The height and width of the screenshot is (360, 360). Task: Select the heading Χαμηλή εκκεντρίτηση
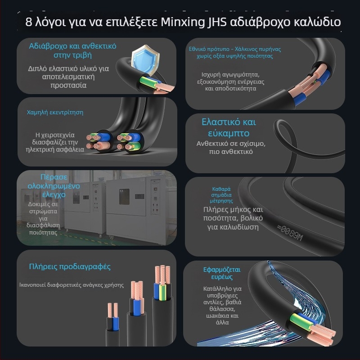(x=55, y=112)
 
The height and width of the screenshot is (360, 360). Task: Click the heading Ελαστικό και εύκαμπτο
(x=229, y=128)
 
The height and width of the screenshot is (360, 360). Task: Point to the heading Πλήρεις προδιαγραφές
(x=70, y=266)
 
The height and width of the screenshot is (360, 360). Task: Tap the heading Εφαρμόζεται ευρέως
(x=222, y=273)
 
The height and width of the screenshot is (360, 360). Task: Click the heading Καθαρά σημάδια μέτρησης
(x=222, y=195)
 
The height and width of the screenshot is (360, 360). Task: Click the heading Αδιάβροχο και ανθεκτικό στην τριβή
(x=72, y=50)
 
